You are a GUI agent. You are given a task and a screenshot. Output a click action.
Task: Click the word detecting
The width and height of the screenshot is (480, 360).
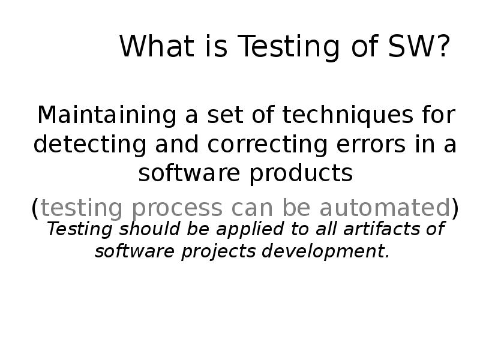[78, 145]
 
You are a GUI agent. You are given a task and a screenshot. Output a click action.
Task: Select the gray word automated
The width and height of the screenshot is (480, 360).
[385, 208]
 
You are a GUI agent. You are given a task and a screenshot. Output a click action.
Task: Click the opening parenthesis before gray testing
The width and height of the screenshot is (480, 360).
[35, 208]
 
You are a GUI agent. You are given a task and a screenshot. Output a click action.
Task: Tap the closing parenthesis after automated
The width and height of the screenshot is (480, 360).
[455, 208]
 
